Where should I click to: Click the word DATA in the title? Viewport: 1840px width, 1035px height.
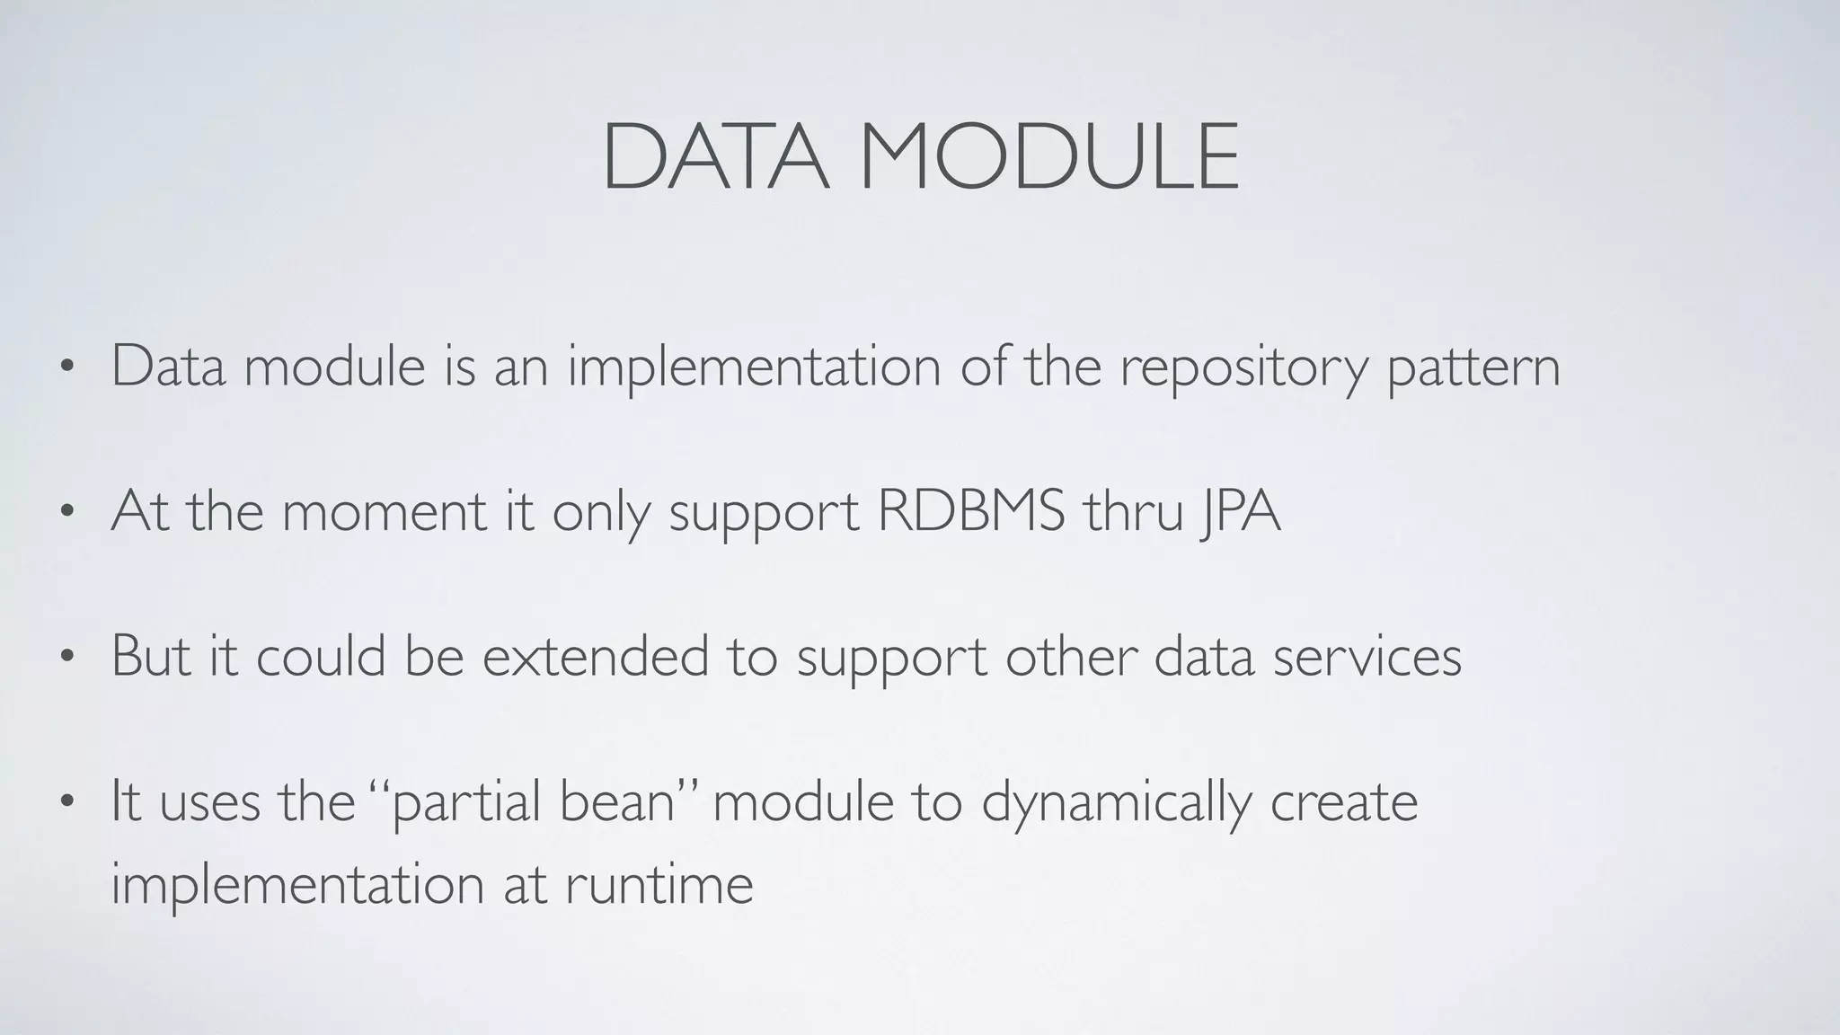coord(715,159)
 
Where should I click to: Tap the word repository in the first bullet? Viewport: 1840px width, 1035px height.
coord(1243,368)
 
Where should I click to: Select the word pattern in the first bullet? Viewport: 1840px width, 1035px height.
coord(1473,368)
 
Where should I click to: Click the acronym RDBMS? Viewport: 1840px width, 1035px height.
coord(970,511)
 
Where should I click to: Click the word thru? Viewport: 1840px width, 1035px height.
coord(1133,511)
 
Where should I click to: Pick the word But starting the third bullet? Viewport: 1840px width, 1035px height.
coord(151,656)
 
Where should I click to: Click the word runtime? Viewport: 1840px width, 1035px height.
coord(659,884)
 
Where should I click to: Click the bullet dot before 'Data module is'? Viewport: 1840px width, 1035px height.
coord(66,367)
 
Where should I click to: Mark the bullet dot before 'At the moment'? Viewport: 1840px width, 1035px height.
coord(66,512)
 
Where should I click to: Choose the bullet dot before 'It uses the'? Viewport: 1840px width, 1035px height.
coord(66,802)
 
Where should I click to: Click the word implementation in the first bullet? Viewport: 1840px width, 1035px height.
coord(754,368)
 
